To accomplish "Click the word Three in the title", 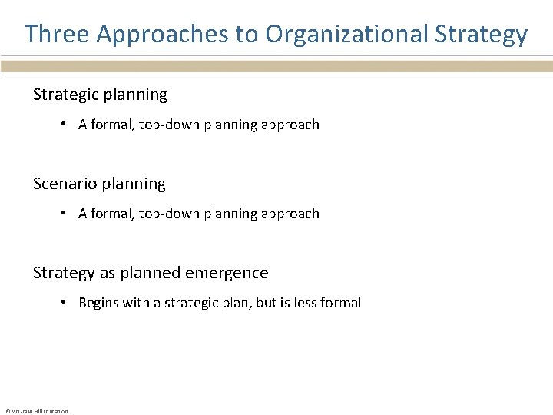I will (58, 34).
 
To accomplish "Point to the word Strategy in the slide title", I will (482, 34).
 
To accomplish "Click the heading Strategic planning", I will (100, 95).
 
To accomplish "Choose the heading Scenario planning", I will (99, 184).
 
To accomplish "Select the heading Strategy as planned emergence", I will (151, 273).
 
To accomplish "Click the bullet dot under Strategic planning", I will (66, 124).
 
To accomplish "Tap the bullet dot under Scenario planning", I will (66, 214).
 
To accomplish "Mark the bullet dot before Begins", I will (66, 303).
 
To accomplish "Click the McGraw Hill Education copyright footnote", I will (38, 411).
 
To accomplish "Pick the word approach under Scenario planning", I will (292, 214).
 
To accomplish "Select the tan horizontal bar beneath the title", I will (276, 67).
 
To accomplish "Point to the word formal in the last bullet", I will (343, 303).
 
